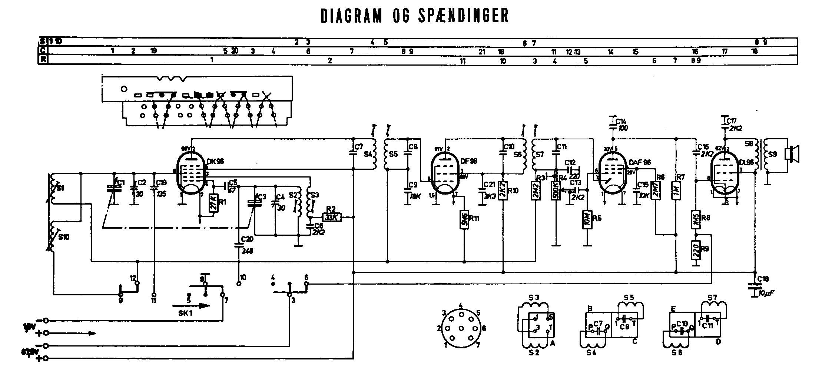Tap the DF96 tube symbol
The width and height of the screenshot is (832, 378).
(445, 173)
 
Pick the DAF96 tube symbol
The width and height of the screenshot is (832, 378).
(612, 173)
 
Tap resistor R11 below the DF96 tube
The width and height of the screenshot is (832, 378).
(464, 220)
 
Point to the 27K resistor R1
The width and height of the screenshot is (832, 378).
(213, 203)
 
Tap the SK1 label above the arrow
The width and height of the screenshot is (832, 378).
(185, 312)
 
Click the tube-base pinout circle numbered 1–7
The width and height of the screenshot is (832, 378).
(461, 328)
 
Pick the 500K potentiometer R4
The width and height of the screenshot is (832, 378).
(556, 191)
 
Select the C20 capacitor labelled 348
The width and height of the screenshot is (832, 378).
(239, 244)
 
